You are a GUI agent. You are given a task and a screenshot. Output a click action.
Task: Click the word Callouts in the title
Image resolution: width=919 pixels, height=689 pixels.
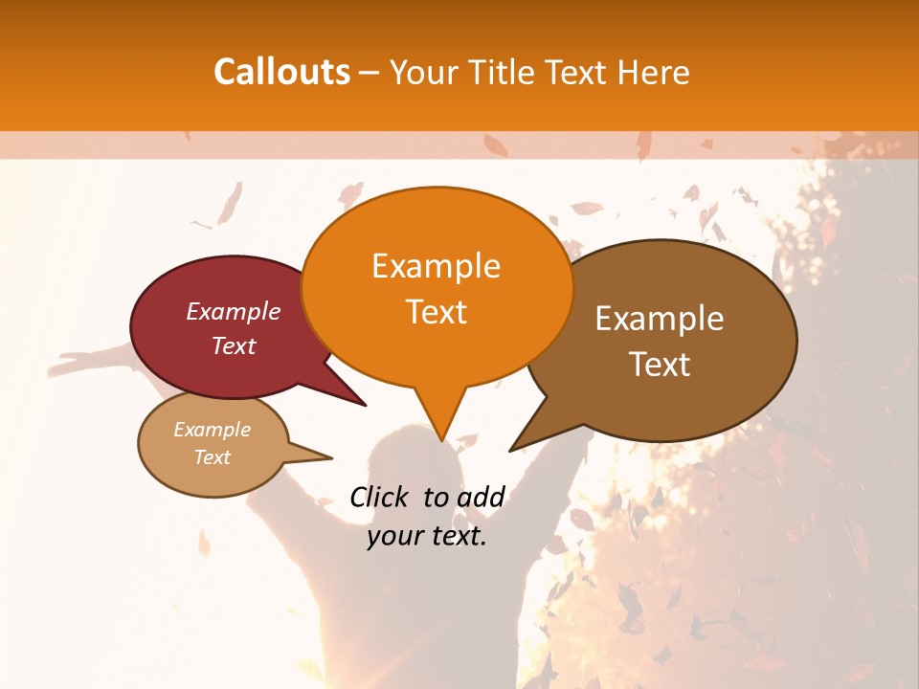[x=281, y=72]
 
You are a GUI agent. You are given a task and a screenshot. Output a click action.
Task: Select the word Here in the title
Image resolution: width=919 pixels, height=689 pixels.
[x=650, y=72]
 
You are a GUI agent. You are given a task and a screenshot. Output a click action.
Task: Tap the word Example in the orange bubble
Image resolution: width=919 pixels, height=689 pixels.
[x=436, y=266]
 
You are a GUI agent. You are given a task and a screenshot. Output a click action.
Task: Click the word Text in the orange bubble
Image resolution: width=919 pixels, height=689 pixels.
[x=436, y=312]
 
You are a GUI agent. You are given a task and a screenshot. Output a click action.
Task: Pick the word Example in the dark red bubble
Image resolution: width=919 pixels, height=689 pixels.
[x=234, y=311]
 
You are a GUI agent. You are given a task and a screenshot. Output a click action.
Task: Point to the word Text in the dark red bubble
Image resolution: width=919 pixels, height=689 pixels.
[x=234, y=345]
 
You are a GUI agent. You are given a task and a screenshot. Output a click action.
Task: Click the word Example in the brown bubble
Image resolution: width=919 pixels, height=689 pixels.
[x=660, y=319]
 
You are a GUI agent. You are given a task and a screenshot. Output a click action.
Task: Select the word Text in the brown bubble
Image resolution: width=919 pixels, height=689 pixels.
[x=660, y=365]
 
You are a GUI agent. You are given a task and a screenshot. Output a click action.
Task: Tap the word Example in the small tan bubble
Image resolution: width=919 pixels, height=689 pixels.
[x=212, y=430]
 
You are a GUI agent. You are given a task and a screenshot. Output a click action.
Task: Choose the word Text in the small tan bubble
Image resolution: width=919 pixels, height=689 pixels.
[x=212, y=457]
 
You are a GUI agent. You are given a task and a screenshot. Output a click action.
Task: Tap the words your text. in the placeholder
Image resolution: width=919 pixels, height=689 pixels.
[x=427, y=536]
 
